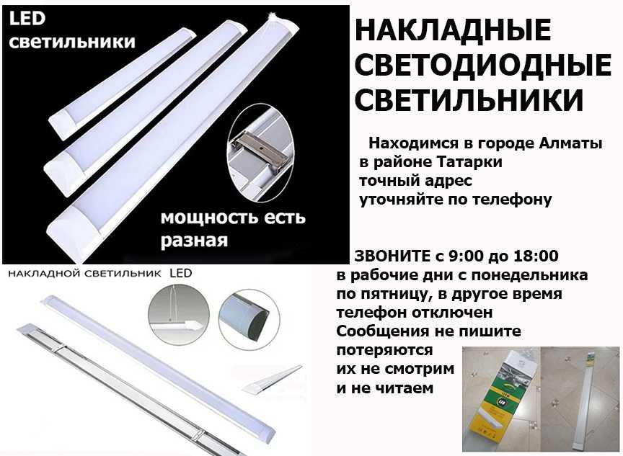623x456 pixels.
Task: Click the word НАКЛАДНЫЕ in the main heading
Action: click(x=453, y=30)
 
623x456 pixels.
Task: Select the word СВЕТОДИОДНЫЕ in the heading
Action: click(x=482, y=65)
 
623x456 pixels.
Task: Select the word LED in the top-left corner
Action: click(x=27, y=19)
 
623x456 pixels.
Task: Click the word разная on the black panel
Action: click(x=194, y=241)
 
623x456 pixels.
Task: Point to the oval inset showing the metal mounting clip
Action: click(x=260, y=153)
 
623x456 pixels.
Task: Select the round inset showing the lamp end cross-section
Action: click(x=249, y=319)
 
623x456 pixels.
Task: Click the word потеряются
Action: click(x=384, y=350)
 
